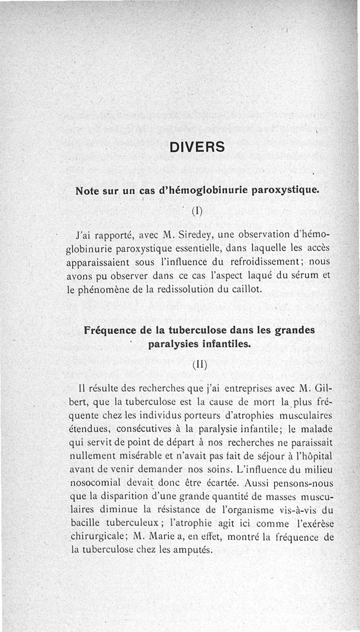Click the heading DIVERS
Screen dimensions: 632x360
[x=197, y=147]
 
